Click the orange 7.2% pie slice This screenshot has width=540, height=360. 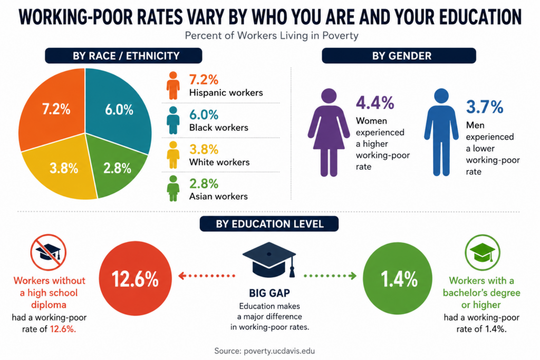tap(52, 110)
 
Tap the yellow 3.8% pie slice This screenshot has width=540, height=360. tap(62, 169)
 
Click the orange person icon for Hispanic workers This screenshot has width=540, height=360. tap(173, 86)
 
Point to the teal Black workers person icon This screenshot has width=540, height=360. tap(173, 120)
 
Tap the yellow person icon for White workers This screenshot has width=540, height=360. tap(173, 155)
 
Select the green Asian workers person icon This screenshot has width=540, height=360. tap(173, 188)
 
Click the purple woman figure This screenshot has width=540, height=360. tap(329, 132)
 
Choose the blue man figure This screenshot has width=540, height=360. tap(441, 132)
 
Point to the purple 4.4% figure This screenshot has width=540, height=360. tap(375, 103)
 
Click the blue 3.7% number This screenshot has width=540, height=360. tap(485, 106)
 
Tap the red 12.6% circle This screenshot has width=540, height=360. tap(136, 278)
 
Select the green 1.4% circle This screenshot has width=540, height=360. tap(398, 278)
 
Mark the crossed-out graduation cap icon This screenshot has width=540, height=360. tap(48, 252)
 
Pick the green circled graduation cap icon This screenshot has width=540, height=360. tap(482, 252)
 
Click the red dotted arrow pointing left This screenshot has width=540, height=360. tap(207, 276)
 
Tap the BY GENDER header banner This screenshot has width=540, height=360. tap(399, 56)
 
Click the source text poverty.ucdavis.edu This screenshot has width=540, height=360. tap(279, 351)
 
